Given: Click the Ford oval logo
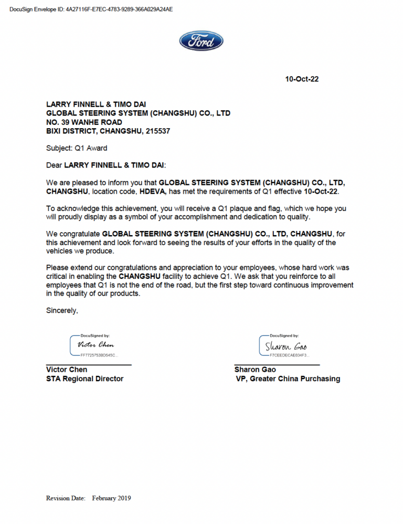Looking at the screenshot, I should click(x=201, y=41).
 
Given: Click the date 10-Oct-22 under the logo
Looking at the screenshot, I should click(x=302, y=79).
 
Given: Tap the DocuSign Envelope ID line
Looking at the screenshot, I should click(x=91, y=9).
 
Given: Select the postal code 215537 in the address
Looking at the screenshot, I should click(x=155, y=131).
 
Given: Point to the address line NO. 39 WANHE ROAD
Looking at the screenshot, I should click(x=84, y=122).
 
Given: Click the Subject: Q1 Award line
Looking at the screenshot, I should click(x=77, y=148).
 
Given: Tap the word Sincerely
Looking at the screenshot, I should click(x=62, y=310).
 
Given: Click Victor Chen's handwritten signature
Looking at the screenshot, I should click(x=96, y=345).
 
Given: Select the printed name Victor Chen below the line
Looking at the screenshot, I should click(x=67, y=370).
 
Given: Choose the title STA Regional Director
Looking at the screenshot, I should click(x=84, y=379).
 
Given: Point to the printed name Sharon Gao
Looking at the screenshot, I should click(x=255, y=370).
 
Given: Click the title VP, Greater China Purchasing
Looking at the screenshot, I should click(x=288, y=379).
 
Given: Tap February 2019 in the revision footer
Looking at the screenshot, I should click(x=111, y=498).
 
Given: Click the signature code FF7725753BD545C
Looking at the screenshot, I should click(x=99, y=355).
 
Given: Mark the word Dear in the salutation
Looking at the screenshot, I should click(x=54, y=165).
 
